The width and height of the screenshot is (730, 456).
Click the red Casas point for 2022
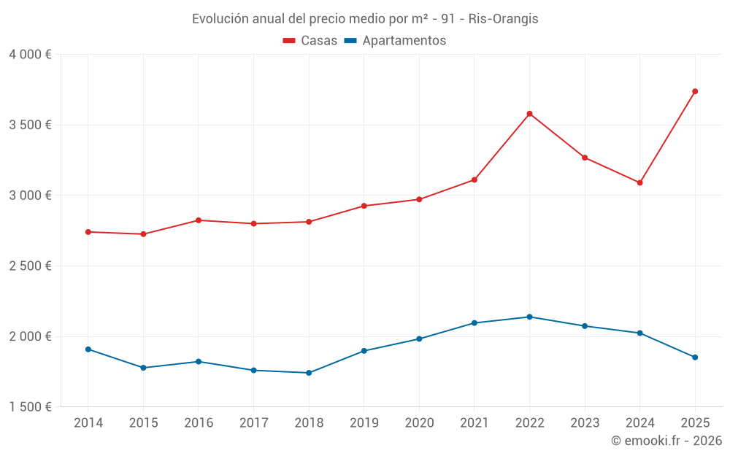point(529,114)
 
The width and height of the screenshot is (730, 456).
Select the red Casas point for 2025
point(695,91)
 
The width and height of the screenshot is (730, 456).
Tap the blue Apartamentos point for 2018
point(309,373)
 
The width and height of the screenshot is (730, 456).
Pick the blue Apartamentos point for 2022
point(529,317)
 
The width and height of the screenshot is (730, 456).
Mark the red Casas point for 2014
point(88,232)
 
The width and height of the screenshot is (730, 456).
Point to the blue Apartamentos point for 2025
point(695,358)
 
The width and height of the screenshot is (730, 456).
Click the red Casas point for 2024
point(639,182)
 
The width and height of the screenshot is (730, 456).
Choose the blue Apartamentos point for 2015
point(143,368)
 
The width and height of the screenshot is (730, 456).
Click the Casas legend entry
point(310,41)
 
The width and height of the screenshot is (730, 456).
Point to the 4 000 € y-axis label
point(31,55)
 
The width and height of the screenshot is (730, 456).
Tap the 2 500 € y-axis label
point(31,266)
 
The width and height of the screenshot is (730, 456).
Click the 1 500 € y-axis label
point(31,407)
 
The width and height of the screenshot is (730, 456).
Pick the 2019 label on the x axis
point(364,422)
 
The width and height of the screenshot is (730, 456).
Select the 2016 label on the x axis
point(199,422)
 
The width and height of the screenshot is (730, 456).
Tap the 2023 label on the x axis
point(584,422)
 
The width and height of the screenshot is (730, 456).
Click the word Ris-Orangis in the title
point(504,19)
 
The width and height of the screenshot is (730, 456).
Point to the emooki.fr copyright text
point(666,441)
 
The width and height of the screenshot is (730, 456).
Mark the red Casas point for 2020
point(419,199)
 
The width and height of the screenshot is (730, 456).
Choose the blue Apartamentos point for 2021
point(474,322)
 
